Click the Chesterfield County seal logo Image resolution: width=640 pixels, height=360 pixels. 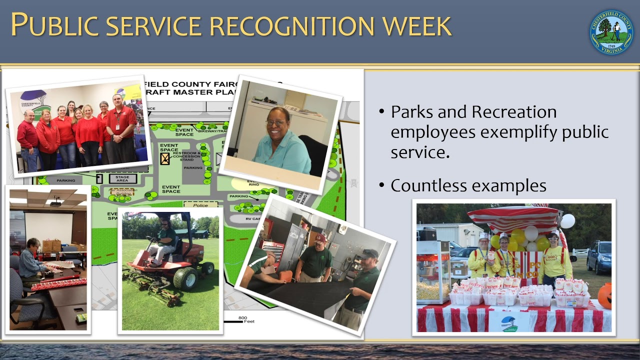click(x=611, y=32)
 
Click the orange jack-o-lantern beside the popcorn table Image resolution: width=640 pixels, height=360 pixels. click(x=605, y=295)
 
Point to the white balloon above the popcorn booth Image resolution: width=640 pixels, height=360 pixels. click(x=567, y=220)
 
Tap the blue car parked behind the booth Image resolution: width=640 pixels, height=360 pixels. click(x=599, y=257)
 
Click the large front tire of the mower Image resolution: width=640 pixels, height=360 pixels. click(x=184, y=279)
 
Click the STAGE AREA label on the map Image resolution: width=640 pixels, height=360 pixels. click(x=122, y=178)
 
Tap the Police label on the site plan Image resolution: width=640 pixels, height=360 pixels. click(x=200, y=205)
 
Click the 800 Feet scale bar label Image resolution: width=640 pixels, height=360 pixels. click(x=243, y=319)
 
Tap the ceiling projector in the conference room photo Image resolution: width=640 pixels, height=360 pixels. click(x=55, y=202)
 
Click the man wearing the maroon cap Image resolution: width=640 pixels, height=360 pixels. click(x=316, y=258)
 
